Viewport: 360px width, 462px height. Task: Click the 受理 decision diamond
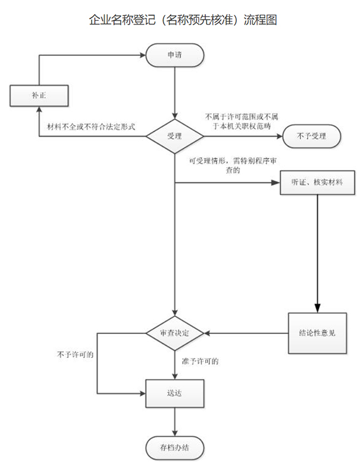(x=175, y=136)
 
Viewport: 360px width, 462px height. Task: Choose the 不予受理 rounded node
(x=312, y=136)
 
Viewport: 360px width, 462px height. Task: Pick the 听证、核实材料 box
(x=318, y=183)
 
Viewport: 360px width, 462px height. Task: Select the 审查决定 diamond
(x=175, y=332)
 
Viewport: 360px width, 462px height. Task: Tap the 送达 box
(x=175, y=394)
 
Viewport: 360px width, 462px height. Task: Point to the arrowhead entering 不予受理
(x=279, y=136)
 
